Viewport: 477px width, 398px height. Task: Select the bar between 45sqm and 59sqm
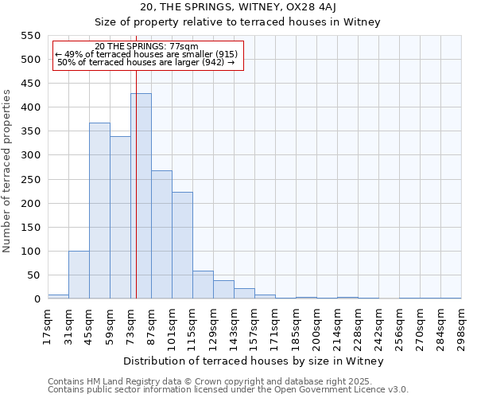[99, 211]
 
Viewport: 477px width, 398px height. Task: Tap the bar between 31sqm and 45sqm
[79, 275]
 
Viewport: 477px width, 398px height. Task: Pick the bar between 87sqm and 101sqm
[161, 235]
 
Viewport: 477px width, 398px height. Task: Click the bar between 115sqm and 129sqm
[203, 285]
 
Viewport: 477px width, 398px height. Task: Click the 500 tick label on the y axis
[29, 60]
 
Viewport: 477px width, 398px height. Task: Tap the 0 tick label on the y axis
[37, 299]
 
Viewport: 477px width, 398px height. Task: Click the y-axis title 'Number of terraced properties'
[8, 171]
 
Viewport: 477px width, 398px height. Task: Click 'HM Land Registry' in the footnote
[116, 381]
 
